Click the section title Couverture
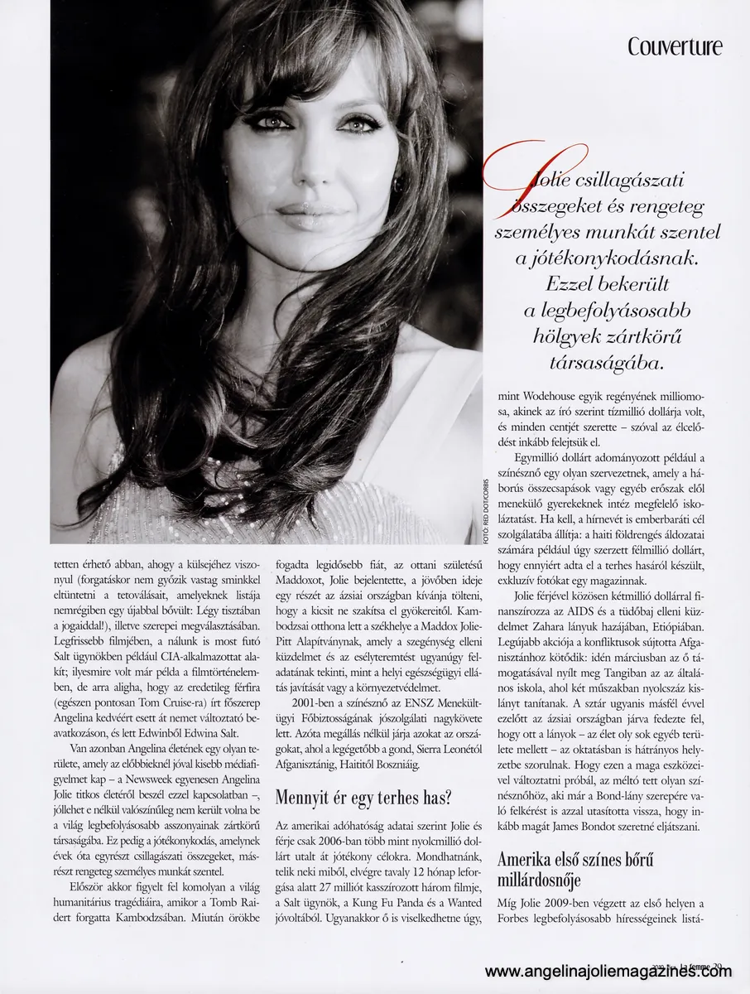tap(675, 46)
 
